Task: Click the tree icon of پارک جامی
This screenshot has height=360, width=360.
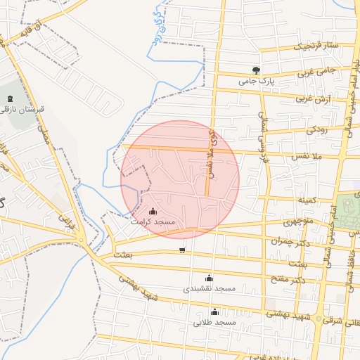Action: (256, 70)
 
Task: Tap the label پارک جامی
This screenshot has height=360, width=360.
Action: (255, 82)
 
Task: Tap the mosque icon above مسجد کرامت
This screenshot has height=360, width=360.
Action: (153, 210)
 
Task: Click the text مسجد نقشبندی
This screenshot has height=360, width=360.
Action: (209, 289)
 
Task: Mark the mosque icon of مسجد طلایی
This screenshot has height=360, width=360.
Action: (214, 311)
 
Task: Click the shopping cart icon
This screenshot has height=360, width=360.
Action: (182, 250)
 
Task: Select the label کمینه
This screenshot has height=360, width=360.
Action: (307, 200)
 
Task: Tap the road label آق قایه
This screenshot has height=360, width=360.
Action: (36, 31)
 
